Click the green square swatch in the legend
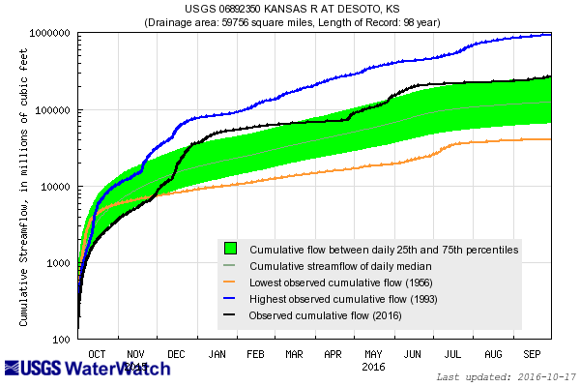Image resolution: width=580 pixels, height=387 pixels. [x=231, y=249]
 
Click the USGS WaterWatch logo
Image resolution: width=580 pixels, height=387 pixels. [x=87, y=369]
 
